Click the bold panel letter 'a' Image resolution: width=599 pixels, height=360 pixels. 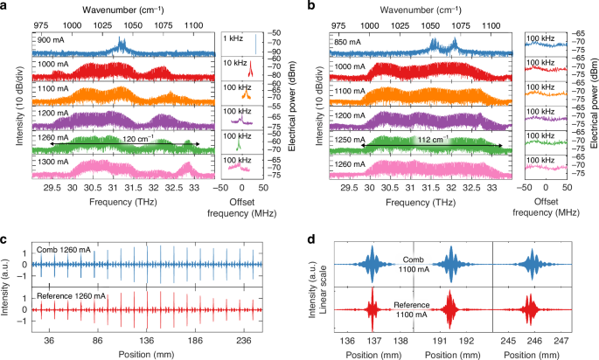[5, 7]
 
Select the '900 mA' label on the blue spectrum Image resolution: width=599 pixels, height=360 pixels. [49, 40]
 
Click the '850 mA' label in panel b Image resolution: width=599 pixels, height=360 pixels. [349, 40]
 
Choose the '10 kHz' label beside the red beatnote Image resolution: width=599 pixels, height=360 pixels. [231, 63]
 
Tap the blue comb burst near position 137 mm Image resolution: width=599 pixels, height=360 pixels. [373, 260]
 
